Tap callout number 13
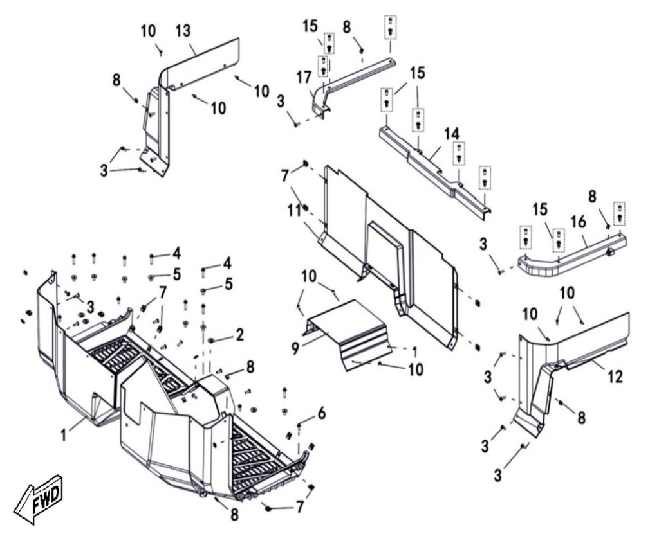[x=183, y=30]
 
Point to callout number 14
[x=452, y=133]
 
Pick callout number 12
[x=615, y=376]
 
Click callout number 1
[x=64, y=436]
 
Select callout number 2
[x=239, y=334]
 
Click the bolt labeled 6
[x=300, y=425]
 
